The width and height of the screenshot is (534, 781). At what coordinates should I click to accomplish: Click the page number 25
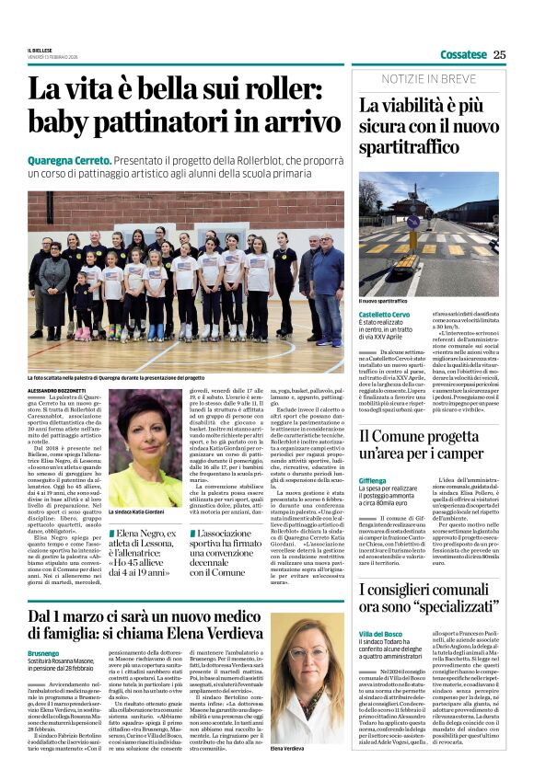coord(499,54)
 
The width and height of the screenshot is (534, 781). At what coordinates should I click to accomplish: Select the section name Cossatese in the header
coord(463,54)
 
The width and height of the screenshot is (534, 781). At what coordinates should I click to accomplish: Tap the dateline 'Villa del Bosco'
coord(381,634)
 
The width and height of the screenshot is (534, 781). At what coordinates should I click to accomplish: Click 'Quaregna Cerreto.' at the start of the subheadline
coord(66,159)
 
